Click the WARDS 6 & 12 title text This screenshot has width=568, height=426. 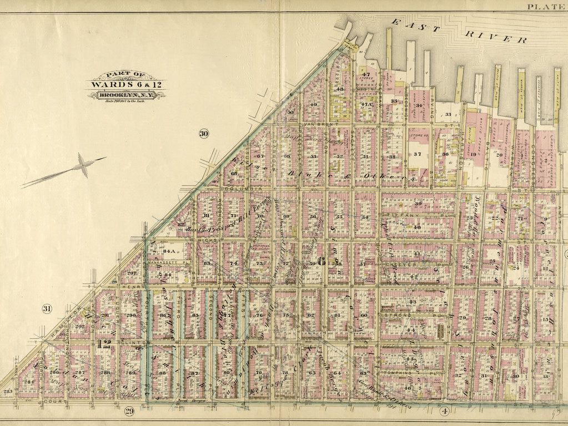125,85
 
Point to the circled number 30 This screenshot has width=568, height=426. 204,133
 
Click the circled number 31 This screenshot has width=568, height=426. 47,308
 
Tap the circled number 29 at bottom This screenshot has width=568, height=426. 129,411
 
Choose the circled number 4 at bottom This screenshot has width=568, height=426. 444,411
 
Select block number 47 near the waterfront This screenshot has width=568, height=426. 366,75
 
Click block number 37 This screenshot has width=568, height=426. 418,154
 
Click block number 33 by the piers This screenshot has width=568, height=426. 448,115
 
